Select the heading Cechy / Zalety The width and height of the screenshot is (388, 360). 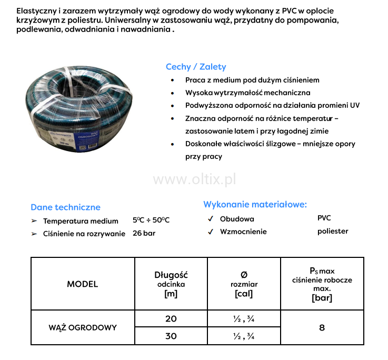196,67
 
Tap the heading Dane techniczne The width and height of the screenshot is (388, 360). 65,207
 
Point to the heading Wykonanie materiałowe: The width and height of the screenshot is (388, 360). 255,204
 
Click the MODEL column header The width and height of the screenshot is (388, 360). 83,284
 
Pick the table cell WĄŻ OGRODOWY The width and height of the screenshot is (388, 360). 83,327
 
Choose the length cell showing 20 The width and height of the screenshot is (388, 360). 171,319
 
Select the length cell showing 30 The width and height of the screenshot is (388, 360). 171,336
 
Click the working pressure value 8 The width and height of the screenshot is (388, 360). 322,327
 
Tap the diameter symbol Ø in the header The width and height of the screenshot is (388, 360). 244,274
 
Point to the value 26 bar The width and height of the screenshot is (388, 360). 144,233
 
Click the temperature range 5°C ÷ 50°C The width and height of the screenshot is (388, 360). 151,221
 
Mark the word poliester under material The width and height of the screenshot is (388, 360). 333,231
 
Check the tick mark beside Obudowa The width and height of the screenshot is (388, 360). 210,219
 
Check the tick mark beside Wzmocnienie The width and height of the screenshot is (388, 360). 210,232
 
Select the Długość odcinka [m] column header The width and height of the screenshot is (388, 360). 171,284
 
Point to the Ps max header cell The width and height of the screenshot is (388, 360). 322,284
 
